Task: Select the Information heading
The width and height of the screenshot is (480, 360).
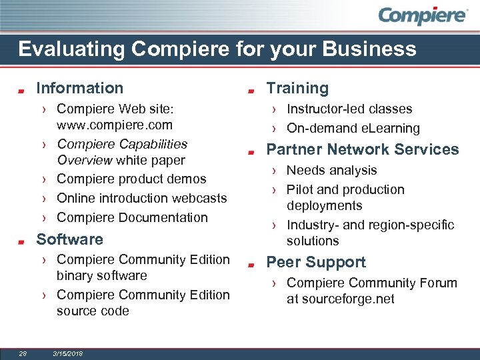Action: pyautogui.click(x=79, y=88)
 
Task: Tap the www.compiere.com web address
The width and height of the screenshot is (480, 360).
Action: pyautogui.click(x=115, y=125)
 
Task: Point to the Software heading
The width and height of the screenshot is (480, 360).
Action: pyautogui.click(x=69, y=239)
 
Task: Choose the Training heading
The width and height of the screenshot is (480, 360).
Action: pyautogui.click(x=297, y=88)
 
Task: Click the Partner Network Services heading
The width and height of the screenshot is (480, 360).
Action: pyautogui.click(x=363, y=149)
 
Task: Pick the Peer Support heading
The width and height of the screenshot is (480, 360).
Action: pyautogui.click(x=316, y=262)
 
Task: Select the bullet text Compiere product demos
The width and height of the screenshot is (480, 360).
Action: pyautogui.click(x=131, y=179)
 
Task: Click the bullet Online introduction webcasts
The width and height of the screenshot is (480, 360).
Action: pyautogui.click(x=141, y=198)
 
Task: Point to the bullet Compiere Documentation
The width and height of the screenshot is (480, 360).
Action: pyautogui.click(x=132, y=217)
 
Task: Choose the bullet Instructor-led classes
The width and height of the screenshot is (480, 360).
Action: pyautogui.click(x=349, y=109)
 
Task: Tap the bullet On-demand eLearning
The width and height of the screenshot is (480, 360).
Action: pyautogui.click(x=353, y=128)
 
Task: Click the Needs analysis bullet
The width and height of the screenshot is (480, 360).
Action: pyautogui.click(x=331, y=171)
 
